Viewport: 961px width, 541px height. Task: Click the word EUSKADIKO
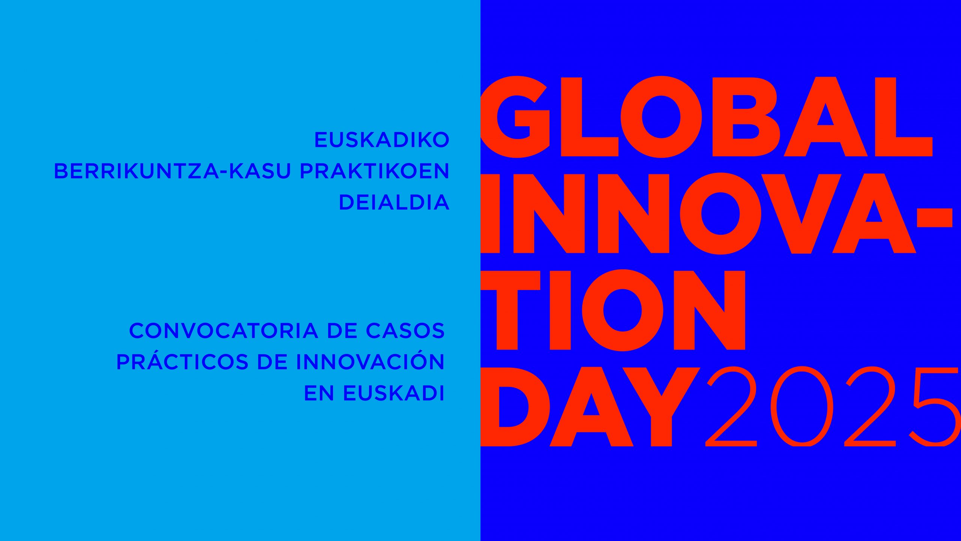tap(382, 140)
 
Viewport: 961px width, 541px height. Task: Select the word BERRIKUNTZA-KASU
tap(173, 171)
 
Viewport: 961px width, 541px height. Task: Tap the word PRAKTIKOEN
tap(374, 171)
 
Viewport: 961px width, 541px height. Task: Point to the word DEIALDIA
tap(394, 202)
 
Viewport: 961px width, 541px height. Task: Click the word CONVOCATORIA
tap(224, 331)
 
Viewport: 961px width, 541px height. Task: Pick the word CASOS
tap(405, 331)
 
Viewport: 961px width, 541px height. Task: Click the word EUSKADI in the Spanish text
tap(394, 393)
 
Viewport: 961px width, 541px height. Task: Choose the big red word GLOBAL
tap(706, 117)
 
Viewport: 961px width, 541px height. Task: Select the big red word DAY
tap(590, 407)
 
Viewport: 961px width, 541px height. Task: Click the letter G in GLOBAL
tap(515, 117)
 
